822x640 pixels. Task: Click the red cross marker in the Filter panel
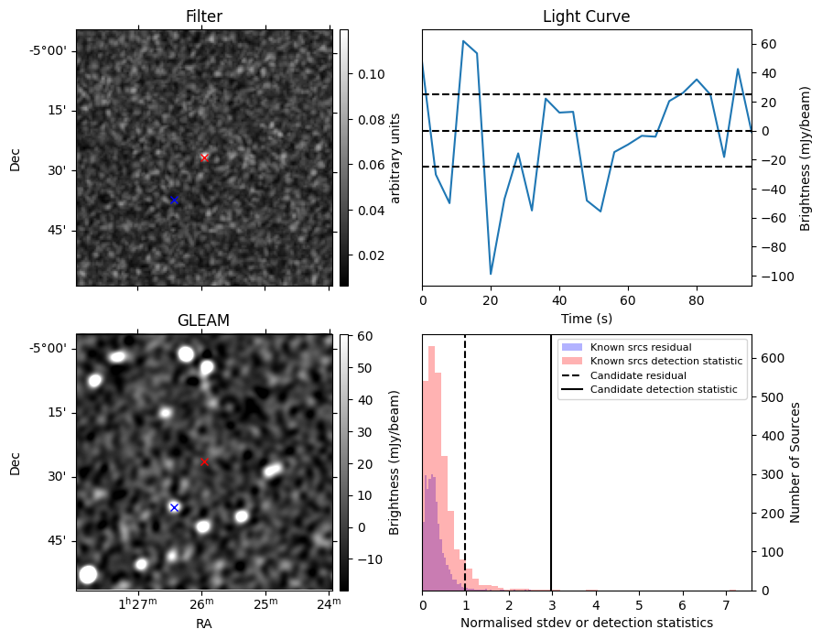(x=204, y=157)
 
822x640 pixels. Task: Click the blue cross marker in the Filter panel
(x=174, y=201)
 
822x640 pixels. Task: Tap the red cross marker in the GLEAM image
(x=204, y=461)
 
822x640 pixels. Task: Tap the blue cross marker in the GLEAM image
(x=174, y=507)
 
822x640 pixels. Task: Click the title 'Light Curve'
(x=586, y=16)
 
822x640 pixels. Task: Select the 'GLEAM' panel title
(x=204, y=320)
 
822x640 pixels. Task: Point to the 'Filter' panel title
(x=204, y=16)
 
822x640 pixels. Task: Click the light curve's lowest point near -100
(x=491, y=274)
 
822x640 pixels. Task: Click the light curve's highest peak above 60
(x=463, y=40)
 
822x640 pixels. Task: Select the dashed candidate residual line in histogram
(x=465, y=463)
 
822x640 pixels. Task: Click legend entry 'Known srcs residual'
(x=641, y=347)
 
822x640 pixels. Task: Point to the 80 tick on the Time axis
(x=697, y=300)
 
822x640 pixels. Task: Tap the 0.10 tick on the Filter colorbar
(x=371, y=74)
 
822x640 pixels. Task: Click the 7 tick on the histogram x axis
(x=726, y=605)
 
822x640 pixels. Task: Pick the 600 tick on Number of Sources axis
(x=773, y=358)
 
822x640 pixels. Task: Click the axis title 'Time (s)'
(x=587, y=318)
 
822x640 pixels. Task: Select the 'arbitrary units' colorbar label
(x=395, y=158)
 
